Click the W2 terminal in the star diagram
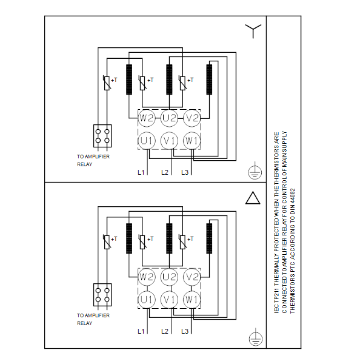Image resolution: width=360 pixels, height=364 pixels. [x=147, y=118]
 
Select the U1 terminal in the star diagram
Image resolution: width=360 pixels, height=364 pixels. [x=147, y=141]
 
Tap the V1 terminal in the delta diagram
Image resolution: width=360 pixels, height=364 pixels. [x=169, y=300]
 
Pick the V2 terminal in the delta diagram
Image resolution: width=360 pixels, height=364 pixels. [x=192, y=277]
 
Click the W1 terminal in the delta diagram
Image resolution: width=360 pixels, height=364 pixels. [x=192, y=300]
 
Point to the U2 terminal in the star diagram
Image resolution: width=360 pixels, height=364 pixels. [x=169, y=118]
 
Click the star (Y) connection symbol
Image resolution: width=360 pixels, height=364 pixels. [x=253, y=31]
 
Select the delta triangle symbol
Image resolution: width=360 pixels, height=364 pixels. [x=253, y=198]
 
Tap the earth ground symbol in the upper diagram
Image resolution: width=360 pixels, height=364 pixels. [x=255, y=170]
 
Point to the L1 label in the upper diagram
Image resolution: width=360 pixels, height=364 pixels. [x=141, y=172]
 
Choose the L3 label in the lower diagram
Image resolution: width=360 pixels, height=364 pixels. [x=185, y=331]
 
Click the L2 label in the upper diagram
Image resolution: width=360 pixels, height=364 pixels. [x=165, y=172]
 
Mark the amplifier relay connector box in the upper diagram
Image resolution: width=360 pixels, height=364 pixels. [x=102, y=136]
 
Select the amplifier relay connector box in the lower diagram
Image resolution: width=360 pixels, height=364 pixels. [x=102, y=295]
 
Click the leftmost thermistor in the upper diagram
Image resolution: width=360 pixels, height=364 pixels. [x=107, y=83]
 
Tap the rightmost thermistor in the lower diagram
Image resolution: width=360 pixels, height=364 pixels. [x=182, y=242]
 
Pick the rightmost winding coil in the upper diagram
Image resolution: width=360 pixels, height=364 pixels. [x=209, y=79]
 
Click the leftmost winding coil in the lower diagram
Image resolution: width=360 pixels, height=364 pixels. [x=129, y=238]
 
